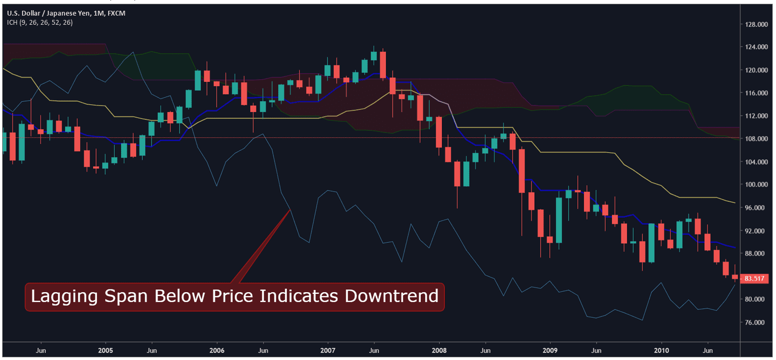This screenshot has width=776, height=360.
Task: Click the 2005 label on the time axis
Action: (x=105, y=350)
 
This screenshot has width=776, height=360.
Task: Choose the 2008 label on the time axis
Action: (x=439, y=350)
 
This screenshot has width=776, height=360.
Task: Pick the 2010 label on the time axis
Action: (x=661, y=350)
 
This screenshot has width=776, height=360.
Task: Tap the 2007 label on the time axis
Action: (x=328, y=350)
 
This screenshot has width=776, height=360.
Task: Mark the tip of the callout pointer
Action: (x=291, y=209)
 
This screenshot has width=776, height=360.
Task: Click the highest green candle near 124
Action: (x=373, y=55)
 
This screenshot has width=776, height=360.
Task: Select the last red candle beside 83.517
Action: (x=735, y=277)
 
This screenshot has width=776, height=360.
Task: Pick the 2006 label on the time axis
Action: (x=216, y=350)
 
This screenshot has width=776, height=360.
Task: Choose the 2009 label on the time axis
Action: (x=550, y=350)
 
